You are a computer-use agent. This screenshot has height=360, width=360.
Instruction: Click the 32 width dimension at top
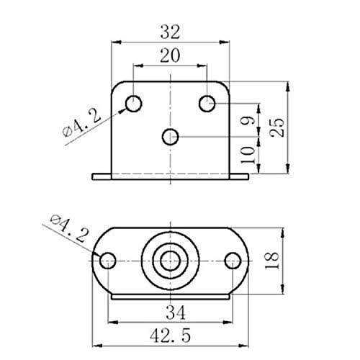tap(170, 32)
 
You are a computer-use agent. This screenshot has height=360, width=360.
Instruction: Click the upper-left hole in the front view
tap(134, 104)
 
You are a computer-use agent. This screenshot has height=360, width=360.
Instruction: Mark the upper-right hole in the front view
tap(207, 104)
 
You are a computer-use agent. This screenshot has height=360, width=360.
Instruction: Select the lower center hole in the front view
tap(171, 135)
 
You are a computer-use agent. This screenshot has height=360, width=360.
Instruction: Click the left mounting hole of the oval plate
tap(107, 260)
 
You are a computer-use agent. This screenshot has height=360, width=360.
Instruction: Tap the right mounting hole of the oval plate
tap(233, 260)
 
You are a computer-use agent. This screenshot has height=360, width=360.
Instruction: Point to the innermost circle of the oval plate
tap(171, 260)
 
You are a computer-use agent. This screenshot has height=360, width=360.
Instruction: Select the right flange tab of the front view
tap(239, 176)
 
